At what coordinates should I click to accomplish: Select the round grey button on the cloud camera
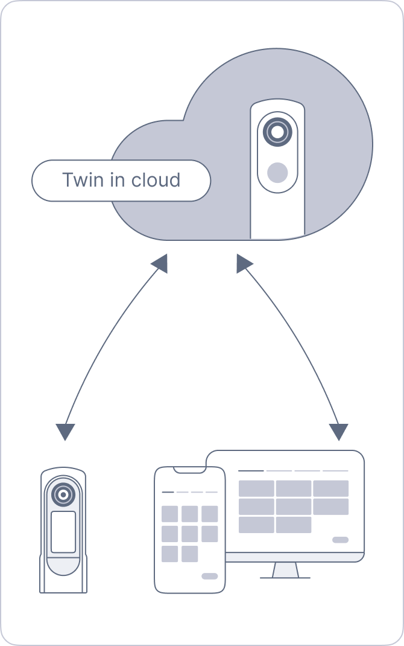coord(277,173)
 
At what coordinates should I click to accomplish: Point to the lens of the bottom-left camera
coord(63,494)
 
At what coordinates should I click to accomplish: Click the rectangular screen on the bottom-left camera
coord(63,532)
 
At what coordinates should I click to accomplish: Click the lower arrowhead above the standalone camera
coord(65,431)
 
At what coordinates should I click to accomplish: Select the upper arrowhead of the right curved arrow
coord(244,263)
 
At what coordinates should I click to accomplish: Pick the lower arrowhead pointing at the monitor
coord(339,431)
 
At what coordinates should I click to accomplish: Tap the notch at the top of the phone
coord(189,469)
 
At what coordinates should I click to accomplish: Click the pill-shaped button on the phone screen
coord(210,576)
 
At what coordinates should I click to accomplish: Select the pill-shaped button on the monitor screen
coord(340,539)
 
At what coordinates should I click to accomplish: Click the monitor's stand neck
coord(285,570)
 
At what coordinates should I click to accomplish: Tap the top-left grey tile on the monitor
coord(256,488)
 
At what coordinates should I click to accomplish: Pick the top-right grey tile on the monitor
coord(330,488)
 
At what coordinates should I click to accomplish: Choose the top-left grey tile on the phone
coord(170,514)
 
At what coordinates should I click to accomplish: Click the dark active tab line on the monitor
coord(251,470)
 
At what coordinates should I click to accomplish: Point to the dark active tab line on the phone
coord(168,492)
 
